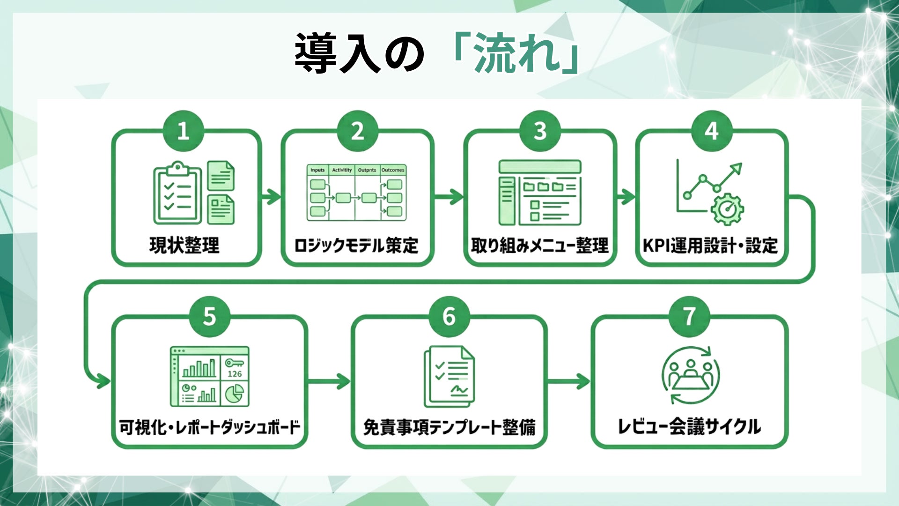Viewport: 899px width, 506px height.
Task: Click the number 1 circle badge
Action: [x=183, y=131]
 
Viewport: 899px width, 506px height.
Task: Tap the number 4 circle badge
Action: [x=711, y=131]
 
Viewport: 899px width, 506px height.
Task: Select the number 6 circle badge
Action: [x=449, y=317]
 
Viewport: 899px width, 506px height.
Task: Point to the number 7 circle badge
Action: [x=689, y=317]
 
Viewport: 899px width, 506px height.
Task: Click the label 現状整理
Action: [x=184, y=246]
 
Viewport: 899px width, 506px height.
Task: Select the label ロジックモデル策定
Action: [x=356, y=246]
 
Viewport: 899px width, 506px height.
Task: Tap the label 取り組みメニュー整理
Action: [x=540, y=246]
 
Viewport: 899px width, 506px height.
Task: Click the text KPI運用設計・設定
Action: [x=710, y=246]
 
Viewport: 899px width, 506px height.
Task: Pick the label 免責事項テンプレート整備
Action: [x=449, y=427]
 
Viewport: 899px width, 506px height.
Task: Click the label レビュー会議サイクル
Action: [x=689, y=427]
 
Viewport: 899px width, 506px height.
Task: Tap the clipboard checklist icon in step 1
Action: [x=177, y=193]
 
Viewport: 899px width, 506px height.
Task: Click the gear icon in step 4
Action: [x=727, y=209]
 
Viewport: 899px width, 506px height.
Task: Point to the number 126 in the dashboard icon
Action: [x=235, y=374]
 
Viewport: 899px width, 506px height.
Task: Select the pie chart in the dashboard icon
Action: [x=234, y=394]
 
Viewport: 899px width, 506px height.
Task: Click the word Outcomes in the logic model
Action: [x=393, y=170]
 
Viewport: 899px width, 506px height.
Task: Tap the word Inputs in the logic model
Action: [x=317, y=170]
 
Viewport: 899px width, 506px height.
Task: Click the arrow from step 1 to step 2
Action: [x=271, y=196]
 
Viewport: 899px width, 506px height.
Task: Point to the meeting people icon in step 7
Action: [x=691, y=375]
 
